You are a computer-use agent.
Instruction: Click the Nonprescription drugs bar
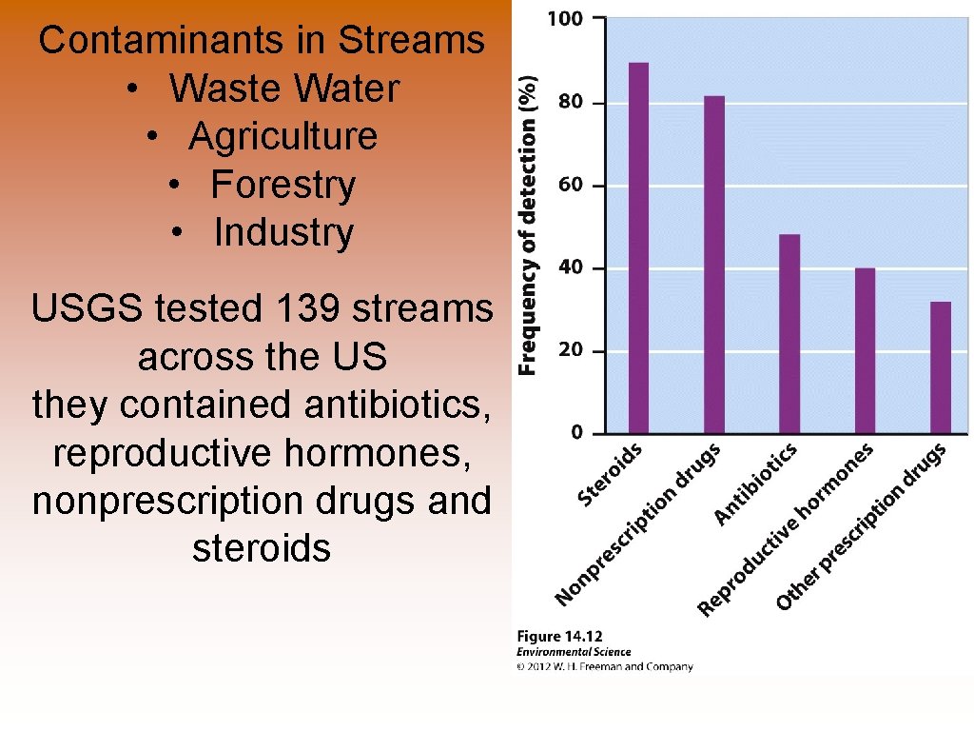coord(714,266)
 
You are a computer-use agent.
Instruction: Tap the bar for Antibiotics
coord(789,334)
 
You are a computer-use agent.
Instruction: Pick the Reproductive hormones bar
coord(865,351)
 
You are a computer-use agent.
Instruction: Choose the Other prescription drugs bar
coord(940,367)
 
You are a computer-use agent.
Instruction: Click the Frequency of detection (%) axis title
coord(528,226)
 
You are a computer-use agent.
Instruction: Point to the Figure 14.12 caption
coord(559,636)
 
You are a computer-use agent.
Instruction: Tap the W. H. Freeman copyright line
coord(605,667)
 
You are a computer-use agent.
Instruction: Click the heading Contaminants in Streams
coord(262,40)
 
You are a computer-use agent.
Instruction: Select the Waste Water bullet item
coord(283,89)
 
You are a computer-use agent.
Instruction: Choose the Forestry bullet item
coord(282,184)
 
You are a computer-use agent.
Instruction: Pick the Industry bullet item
coord(283,232)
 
